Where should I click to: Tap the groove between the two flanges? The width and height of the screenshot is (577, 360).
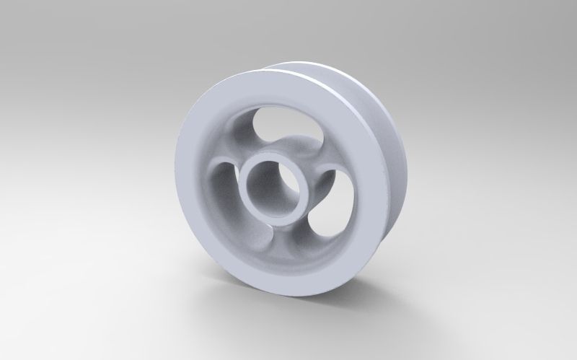coord(375,108)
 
